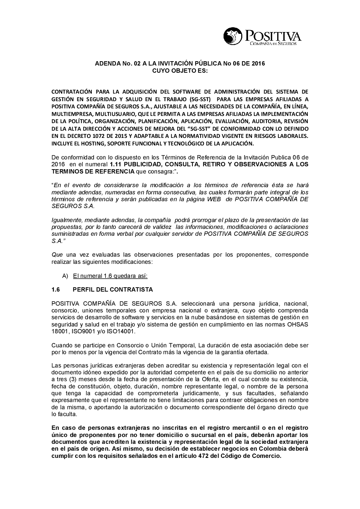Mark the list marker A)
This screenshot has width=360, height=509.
tap(65, 276)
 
